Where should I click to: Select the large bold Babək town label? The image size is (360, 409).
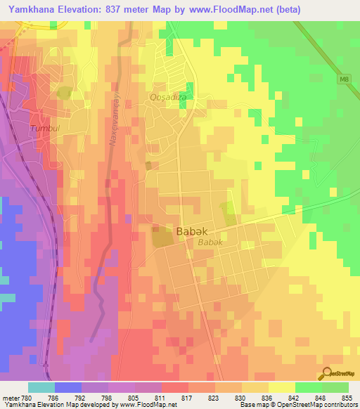[x=190, y=230]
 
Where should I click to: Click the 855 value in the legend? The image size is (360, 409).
[x=349, y=398]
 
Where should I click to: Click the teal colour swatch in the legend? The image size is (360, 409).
[x=41, y=387]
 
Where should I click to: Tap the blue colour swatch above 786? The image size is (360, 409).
[x=67, y=387]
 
